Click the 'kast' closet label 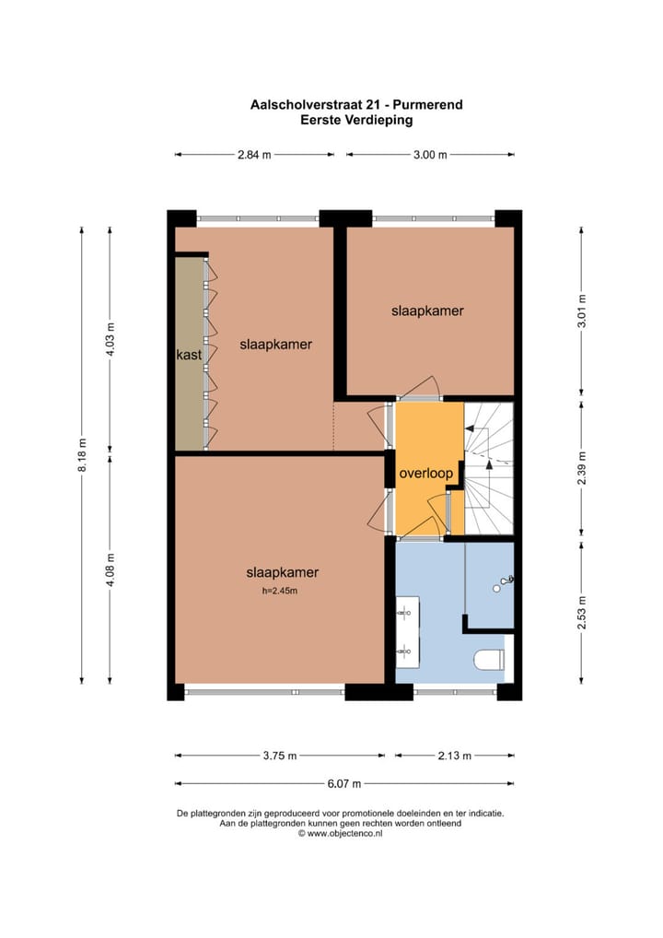(x=189, y=354)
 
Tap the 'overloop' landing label (x=426, y=474)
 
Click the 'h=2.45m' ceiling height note (x=281, y=592)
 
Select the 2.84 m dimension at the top (x=254, y=155)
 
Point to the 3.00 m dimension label (x=429, y=155)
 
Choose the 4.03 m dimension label (x=110, y=339)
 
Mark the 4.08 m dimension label (x=110, y=568)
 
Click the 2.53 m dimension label (x=582, y=613)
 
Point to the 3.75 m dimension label (x=279, y=756)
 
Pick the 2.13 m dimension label (x=455, y=756)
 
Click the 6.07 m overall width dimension (x=344, y=784)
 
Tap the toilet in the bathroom (x=489, y=659)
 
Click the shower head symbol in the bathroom (x=504, y=581)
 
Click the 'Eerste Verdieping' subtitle (x=356, y=119)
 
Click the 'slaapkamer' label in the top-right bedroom (x=427, y=311)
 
